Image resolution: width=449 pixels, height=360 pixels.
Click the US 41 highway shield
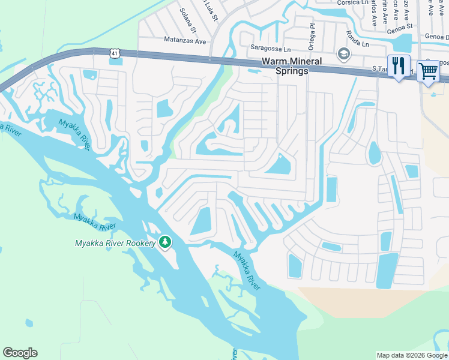(x=115, y=54)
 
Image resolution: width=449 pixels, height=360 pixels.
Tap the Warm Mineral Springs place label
(x=292, y=66)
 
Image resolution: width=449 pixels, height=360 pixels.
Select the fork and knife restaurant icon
(x=399, y=65)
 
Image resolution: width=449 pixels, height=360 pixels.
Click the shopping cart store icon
(x=428, y=71)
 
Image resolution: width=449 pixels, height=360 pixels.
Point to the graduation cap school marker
(x=343, y=54)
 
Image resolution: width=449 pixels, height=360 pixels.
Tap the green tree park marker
(x=165, y=242)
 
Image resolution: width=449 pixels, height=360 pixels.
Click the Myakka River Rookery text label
(x=115, y=243)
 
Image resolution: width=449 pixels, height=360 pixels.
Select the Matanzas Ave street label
(x=185, y=41)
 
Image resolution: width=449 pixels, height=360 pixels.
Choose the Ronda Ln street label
(x=358, y=43)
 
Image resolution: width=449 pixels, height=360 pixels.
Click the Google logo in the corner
(x=20, y=353)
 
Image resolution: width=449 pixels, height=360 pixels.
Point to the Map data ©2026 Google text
(x=412, y=355)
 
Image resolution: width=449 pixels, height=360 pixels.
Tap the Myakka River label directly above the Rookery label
(x=95, y=222)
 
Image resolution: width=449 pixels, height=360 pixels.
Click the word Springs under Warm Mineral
(x=292, y=71)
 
